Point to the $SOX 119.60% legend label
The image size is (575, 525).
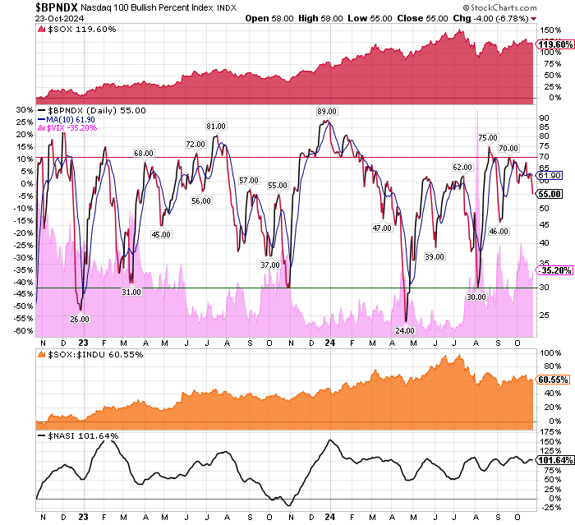[x=79, y=30]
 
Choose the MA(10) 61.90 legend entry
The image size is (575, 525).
[x=75, y=119]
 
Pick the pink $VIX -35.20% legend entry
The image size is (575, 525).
[x=75, y=128]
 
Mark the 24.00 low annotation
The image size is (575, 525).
[x=404, y=329]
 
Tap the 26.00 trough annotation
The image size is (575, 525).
[x=80, y=319]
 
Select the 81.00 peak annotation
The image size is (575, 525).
[x=215, y=127]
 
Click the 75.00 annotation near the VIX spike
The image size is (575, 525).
[x=487, y=138]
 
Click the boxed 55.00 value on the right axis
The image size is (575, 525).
[x=550, y=194]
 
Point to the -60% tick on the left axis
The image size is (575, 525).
[x=24, y=330]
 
